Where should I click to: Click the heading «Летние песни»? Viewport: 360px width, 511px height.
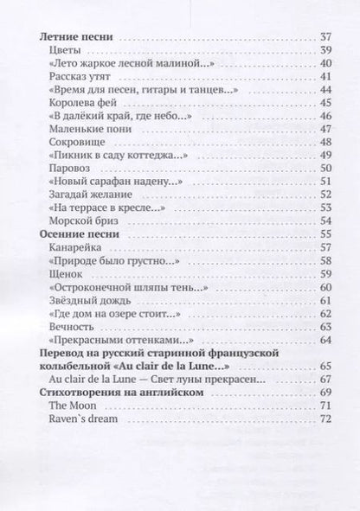pyautogui.click(x=79, y=37)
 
